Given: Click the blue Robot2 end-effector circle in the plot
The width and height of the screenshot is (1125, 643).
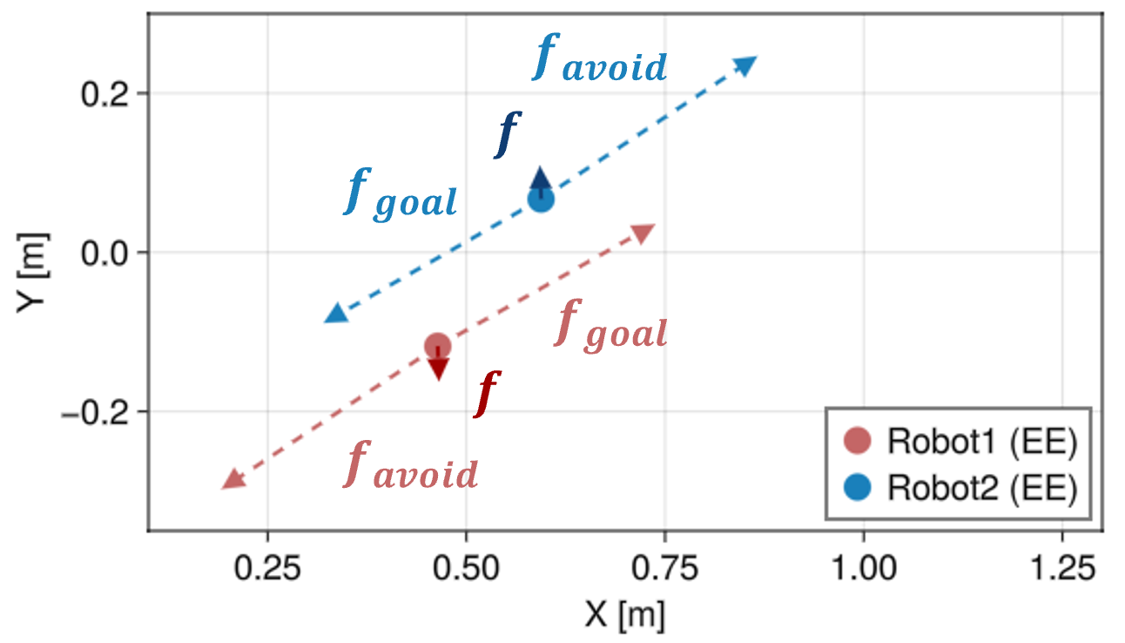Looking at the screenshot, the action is coord(541,199).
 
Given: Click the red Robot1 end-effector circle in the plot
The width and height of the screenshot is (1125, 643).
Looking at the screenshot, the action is coord(437,346).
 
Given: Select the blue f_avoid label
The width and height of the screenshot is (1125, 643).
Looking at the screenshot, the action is coord(600,58).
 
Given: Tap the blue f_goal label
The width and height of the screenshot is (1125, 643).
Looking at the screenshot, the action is coord(401,194).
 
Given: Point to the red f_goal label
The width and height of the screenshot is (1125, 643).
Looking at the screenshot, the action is coord(610,326).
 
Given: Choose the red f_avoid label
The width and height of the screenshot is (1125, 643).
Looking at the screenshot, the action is coord(410,464).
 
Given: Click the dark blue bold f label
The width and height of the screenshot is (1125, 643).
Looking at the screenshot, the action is coord(508,135).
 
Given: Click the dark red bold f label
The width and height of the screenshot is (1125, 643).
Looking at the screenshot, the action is coord(487,395).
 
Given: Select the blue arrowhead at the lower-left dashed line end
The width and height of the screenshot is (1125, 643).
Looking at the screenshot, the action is coord(336,314).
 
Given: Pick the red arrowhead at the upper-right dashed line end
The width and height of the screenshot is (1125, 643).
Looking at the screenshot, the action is coord(643,234).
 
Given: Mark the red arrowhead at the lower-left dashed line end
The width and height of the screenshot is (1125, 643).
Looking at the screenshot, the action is coord(233,480).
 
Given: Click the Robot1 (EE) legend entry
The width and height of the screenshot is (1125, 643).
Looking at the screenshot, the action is coord(960,441).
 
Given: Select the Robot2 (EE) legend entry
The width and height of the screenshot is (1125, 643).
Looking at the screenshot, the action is coord(960,487).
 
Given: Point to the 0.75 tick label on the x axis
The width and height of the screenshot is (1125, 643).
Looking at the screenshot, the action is coord(665,568).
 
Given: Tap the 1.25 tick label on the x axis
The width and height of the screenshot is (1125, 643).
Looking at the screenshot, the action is coord(1062,568).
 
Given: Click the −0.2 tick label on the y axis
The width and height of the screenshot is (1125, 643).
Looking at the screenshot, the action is coord(95,412).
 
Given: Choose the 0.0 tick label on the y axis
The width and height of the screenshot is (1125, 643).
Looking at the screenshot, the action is coord(105,253).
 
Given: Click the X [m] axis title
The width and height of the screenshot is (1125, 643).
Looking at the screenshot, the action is coord(625,615).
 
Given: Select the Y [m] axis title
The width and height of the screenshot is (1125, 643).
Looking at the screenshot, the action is coord(33,273).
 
